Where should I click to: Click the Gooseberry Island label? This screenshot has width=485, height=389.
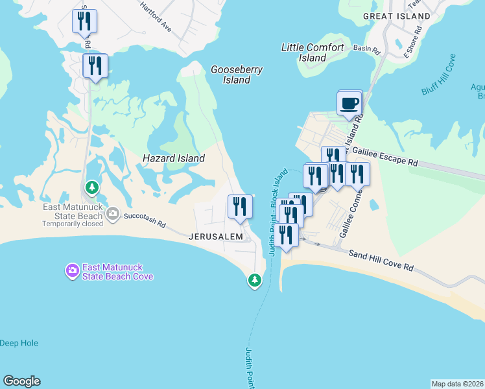(237, 75)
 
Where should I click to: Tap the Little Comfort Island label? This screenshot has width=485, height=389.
(313, 53)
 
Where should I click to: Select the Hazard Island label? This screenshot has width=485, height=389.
(174, 158)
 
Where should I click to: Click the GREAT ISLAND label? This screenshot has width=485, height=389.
(397, 16)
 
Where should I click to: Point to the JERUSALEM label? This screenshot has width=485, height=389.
(216, 237)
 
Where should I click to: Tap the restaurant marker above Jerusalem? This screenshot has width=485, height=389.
(240, 207)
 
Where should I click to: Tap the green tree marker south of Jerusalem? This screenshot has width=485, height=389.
(255, 280)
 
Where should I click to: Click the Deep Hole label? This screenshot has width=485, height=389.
(19, 343)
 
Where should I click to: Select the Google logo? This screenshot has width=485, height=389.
(21, 381)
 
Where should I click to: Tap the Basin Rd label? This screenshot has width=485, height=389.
(364, 48)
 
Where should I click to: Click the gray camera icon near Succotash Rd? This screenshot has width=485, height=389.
(113, 213)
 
